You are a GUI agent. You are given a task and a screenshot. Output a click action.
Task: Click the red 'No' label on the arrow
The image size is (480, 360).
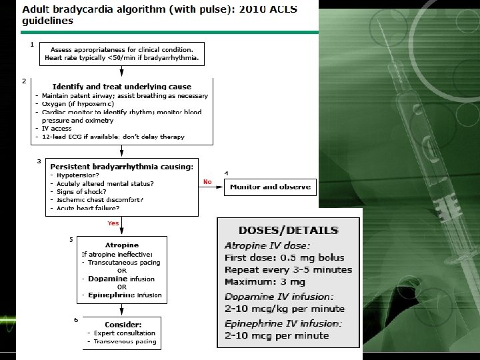pos(207,181)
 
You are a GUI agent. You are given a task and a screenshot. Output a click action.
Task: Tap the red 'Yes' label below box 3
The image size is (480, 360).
pos(113,224)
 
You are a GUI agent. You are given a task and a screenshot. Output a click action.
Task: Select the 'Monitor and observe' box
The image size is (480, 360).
pos(270,187)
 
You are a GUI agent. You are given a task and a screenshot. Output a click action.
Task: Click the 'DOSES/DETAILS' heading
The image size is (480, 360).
pos(288,231)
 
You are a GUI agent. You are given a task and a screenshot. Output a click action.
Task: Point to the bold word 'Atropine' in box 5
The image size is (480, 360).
pos(122,245)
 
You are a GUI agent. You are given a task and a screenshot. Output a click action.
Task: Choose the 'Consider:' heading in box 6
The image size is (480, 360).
pos(123,323)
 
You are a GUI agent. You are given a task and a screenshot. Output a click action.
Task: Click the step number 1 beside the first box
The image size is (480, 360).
pos(32,44)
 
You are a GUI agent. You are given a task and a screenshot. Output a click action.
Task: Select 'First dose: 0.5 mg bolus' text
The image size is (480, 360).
pos(284,257)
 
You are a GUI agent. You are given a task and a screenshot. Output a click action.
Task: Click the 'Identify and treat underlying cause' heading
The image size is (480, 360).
pos(121,87)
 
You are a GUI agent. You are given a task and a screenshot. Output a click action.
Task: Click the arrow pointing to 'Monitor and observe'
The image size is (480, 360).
pos(211,187)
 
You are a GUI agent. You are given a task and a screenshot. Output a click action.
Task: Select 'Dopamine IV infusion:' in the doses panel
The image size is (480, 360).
pos(279,296)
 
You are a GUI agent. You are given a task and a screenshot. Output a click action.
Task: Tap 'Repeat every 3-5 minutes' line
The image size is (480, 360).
pos(288,270)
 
